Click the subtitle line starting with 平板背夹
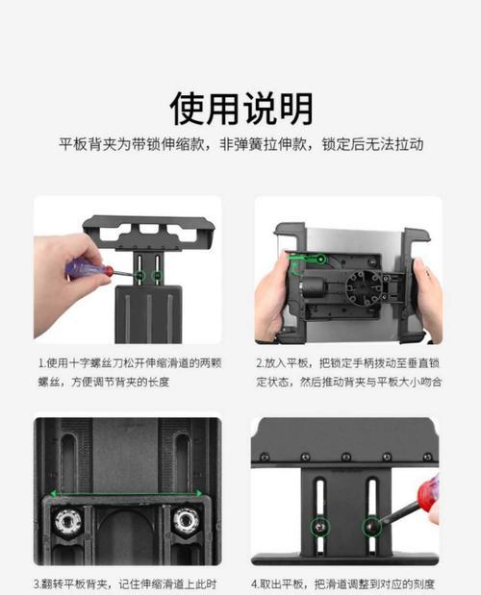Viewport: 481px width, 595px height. (x=240, y=144)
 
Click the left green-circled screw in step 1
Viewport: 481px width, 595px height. (x=139, y=277)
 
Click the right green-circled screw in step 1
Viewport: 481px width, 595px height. (x=158, y=277)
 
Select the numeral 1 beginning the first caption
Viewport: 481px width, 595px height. (x=41, y=364)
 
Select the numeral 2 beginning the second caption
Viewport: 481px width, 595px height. (x=260, y=364)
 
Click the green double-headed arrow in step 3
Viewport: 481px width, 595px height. (x=126, y=494)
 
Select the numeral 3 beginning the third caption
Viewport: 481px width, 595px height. (x=38, y=583)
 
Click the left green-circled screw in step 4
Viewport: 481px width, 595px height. (x=319, y=527)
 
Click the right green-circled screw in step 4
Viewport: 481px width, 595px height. (x=370, y=526)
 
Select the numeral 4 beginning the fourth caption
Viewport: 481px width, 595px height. (x=256, y=583)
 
